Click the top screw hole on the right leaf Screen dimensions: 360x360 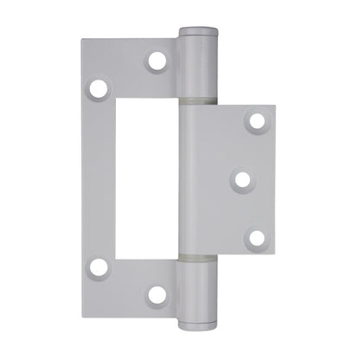pyautogui.click(x=256, y=121)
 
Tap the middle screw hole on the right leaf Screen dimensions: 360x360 pyautogui.click(x=242, y=179)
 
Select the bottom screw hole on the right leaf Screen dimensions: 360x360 pyautogui.click(x=256, y=238)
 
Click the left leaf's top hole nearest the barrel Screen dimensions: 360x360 pyautogui.click(x=157, y=61)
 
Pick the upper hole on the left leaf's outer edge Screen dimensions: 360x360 pyautogui.click(x=99, y=88)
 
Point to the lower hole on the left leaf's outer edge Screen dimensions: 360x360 pyautogui.click(x=99, y=267)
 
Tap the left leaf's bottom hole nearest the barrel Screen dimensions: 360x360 pyautogui.click(x=157, y=294)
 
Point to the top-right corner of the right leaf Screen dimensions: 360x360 pyautogui.click(x=274, y=107)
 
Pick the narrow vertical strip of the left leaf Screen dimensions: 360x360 pyautogui.click(x=100, y=177)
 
